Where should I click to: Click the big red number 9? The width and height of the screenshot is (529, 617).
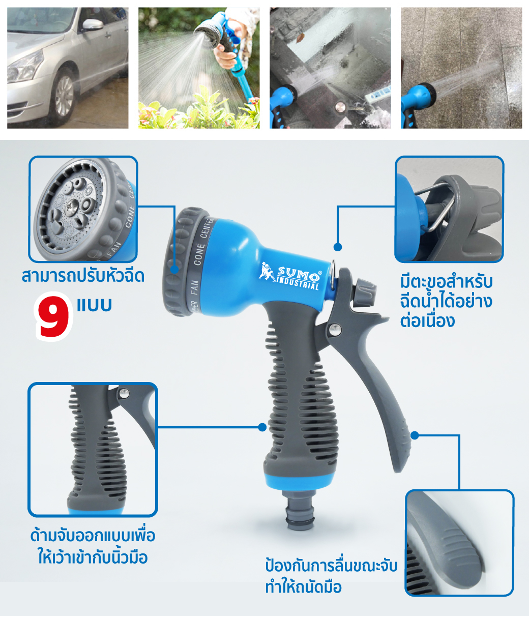pyautogui.click(x=54, y=316)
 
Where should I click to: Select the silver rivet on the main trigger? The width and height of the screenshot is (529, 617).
pyautogui.click(x=335, y=329)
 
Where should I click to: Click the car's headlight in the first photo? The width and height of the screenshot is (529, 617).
pyautogui.click(x=25, y=68)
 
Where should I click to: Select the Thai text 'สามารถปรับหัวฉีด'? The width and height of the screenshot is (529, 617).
pyautogui.click(x=83, y=276)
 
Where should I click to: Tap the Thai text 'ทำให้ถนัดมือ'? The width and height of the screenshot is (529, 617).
pyautogui.click(x=303, y=587)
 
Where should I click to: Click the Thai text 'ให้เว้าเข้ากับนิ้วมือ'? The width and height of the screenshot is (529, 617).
pyautogui.click(x=93, y=557)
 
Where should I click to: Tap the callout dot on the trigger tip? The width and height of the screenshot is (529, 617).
pyautogui.click(x=415, y=435)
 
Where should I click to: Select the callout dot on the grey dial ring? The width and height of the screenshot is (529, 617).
pyautogui.click(x=174, y=269)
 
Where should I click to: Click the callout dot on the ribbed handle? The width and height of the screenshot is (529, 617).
pyautogui.click(x=262, y=427)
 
